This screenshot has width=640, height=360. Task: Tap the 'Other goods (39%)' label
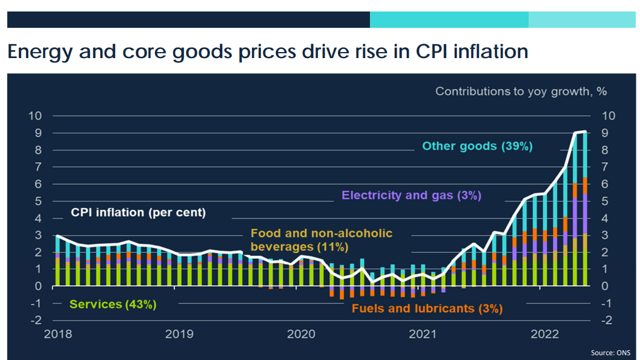[x=477, y=146]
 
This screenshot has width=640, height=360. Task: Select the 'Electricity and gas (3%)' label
[x=411, y=195]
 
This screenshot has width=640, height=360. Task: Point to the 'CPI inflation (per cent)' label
[x=138, y=213]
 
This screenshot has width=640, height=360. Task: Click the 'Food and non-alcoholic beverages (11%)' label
[x=321, y=240]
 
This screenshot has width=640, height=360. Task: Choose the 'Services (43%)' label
[x=113, y=304]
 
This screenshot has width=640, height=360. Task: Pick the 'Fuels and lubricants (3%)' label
[x=427, y=309]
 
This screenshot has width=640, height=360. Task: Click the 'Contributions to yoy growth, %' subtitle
[x=521, y=92]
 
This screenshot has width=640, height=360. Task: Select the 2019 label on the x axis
[x=179, y=334]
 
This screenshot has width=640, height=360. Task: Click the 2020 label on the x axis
[x=300, y=334]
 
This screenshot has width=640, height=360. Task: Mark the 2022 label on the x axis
[x=544, y=334]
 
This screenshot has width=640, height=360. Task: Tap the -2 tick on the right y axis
[x=608, y=320]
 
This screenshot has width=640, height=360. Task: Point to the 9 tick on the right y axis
[x=608, y=133]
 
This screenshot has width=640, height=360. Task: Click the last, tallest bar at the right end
[x=584, y=209]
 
